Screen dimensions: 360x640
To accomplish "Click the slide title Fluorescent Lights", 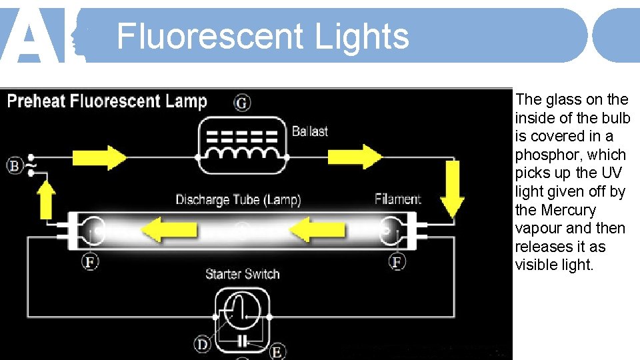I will click(263, 36).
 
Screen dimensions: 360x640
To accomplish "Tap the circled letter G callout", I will click(243, 103).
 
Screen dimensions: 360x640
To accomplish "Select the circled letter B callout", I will click(15, 165).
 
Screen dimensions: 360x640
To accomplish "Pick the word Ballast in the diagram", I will click(310, 131).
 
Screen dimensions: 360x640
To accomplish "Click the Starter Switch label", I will click(242, 274).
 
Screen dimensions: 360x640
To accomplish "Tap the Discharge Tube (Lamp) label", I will click(238, 199).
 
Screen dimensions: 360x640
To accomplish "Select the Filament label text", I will click(398, 199).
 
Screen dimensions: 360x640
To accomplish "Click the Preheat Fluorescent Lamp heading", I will click(107, 101).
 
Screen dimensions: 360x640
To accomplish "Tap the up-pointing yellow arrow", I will click(47, 200).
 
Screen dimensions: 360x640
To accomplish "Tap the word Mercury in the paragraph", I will click(568, 210).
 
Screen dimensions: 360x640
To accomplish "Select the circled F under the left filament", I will click(90, 261).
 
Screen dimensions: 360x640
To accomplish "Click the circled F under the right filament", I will click(397, 261).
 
